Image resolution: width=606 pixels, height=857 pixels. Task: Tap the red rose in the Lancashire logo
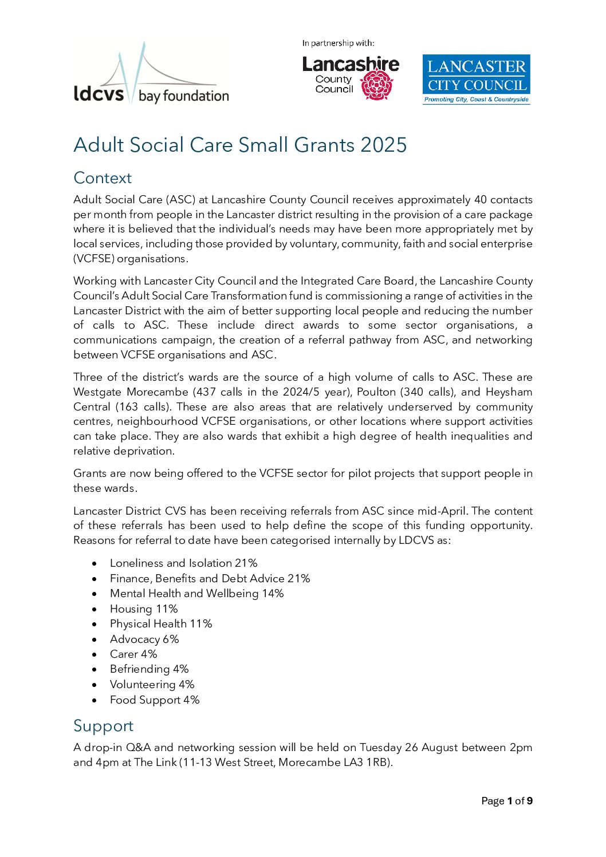click(377, 85)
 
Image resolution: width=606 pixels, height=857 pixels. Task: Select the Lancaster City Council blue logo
click(476, 79)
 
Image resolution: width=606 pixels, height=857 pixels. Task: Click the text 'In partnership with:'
click(338, 43)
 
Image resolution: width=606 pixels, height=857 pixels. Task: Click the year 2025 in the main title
click(384, 145)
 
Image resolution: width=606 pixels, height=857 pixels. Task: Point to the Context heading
click(103, 178)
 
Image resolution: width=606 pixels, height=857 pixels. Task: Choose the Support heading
click(103, 726)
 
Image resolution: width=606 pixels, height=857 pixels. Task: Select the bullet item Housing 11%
click(144, 609)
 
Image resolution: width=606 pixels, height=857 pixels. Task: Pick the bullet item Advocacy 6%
click(144, 639)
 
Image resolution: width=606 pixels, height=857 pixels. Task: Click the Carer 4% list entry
click(133, 654)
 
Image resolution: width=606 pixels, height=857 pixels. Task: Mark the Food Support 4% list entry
click(155, 700)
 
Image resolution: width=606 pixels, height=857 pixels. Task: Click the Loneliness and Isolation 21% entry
click(183, 563)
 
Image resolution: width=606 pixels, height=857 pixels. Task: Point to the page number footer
click(507, 801)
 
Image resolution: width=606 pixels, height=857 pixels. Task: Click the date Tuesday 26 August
click(409, 748)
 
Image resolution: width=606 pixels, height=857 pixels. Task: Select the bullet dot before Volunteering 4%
click(95, 685)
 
